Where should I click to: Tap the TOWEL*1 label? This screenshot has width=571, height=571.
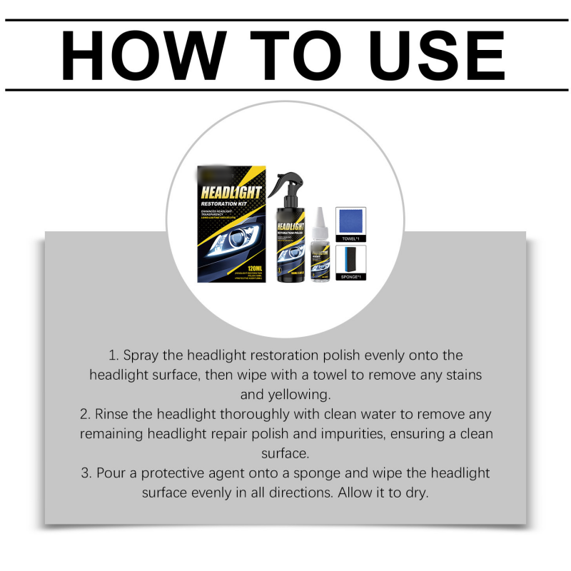click(350, 239)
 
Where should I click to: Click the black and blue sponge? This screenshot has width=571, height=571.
click(350, 258)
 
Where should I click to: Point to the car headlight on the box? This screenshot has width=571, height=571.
click(228, 243)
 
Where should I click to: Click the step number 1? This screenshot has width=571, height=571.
click(112, 355)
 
